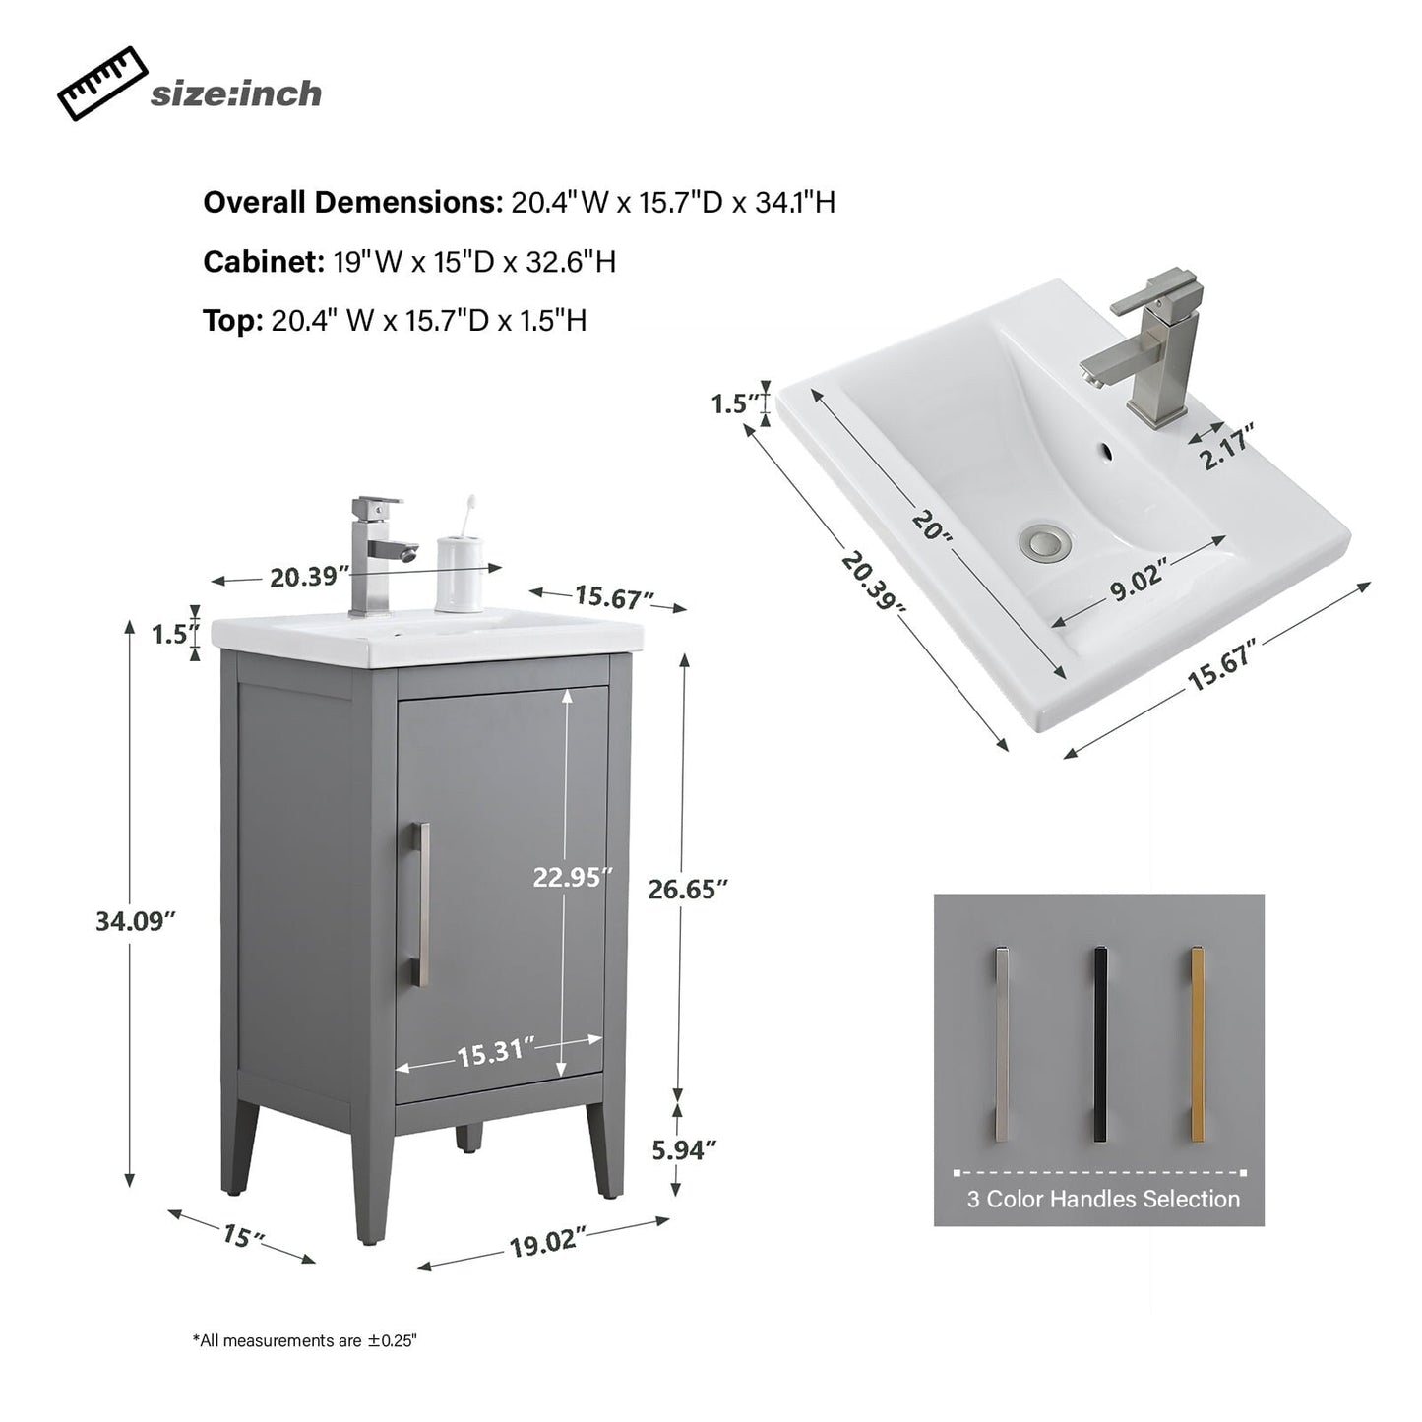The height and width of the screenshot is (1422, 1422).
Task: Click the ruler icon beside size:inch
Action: (101, 86)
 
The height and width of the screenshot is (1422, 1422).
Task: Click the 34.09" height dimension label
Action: (135, 922)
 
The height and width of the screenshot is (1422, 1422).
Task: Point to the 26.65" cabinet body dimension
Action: (687, 889)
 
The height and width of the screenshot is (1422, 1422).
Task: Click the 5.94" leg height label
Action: (684, 1149)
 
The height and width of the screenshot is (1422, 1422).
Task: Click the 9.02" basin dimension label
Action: (1139, 587)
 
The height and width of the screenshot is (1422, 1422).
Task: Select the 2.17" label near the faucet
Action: (1226, 448)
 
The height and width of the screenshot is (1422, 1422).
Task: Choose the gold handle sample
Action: (1198, 1044)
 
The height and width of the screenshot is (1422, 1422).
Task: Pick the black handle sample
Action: (1100, 1044)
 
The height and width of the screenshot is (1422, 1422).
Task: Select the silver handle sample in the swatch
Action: (1002, 1044)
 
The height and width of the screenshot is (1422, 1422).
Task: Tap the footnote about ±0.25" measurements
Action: (305, 1340)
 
